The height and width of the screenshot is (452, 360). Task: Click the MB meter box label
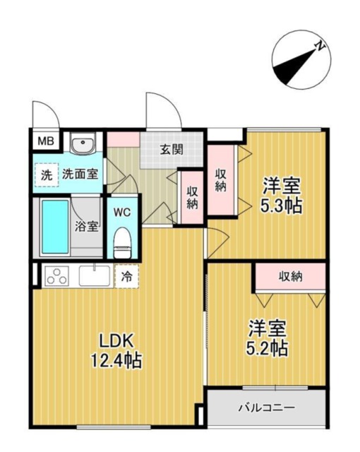tap(46, 141)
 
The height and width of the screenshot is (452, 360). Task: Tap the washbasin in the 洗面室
tap(83, 144)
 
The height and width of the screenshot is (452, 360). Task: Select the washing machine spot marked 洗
tap(47, 174)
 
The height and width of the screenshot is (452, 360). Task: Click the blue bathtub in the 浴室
tap(55, 227)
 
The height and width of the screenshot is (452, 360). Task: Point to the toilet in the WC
tap(122, 243)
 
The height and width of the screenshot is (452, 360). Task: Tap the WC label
tap(122, 213)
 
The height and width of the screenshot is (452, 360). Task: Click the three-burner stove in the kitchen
tap(57, 276)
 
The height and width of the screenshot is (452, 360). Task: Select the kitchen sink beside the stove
tap(95, 275)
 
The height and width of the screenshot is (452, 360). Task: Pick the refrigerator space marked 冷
tap(127, 276)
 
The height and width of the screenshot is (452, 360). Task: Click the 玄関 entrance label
tap(172, 149)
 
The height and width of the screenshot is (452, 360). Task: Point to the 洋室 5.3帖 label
tap(281, 195)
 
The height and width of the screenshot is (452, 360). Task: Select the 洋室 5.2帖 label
tap(267, 338)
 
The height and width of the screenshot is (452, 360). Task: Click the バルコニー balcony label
tap(267, 408)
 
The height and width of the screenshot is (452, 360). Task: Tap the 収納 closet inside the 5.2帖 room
tap(290, 277)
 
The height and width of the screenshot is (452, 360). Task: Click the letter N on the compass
tap(319, 47)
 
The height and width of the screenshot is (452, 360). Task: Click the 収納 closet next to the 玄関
tap(192, 198)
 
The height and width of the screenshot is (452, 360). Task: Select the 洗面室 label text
tap(80, 174)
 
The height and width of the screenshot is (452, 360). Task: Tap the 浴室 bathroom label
tap(86, 227)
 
